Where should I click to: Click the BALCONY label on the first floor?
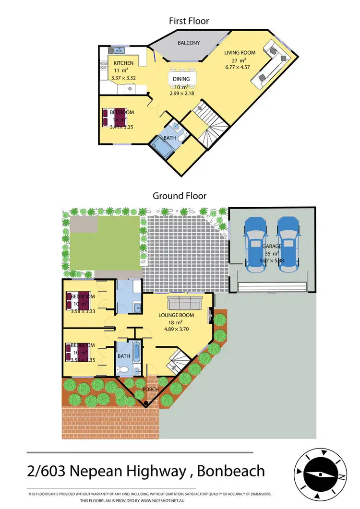pos(189,43)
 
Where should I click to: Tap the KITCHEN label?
pos(123,63)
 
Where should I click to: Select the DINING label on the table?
pos(181,79)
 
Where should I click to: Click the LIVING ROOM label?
pos(240,53)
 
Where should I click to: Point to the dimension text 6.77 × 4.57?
pos(240,67)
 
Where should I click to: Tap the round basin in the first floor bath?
pos(176,127)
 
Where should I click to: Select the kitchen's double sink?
pos(118,50)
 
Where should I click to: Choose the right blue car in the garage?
pos(288,245)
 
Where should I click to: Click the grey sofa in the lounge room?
pos(185,303)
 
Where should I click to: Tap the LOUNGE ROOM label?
pos(177,315)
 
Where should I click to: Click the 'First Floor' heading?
pos(189,21)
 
